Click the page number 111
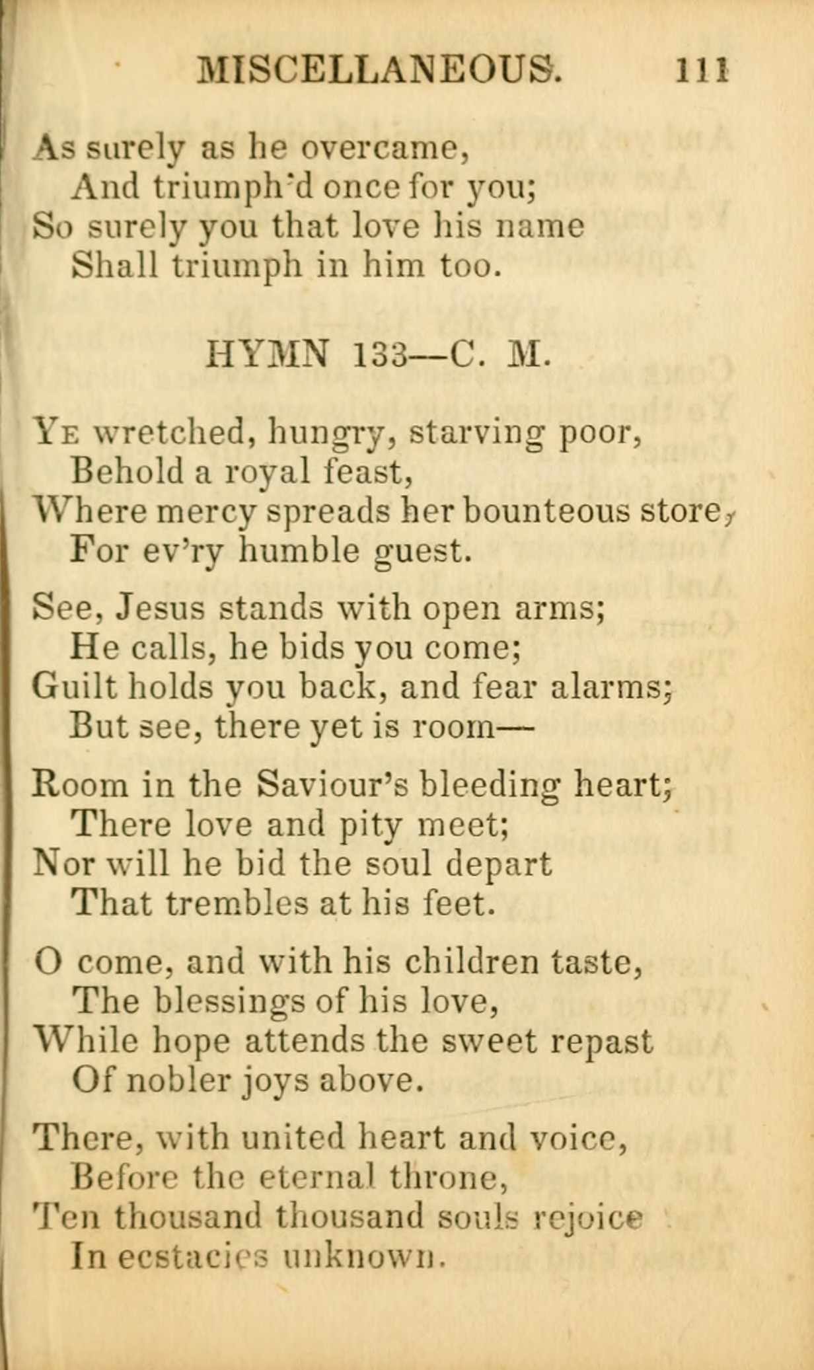[x=701, y=69]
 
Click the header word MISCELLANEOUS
[x=380, y=69]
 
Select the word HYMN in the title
[x=267, y=356]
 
